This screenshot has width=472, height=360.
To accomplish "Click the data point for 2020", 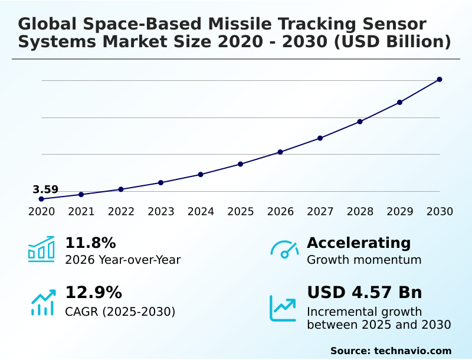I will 41,199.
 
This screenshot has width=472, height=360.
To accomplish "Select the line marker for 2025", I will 241,164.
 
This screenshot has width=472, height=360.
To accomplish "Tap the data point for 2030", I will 440,79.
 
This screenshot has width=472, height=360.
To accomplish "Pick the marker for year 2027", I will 320,138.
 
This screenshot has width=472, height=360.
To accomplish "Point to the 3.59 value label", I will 45,189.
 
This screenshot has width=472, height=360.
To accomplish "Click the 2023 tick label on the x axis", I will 161,212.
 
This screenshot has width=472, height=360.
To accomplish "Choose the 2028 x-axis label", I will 360,212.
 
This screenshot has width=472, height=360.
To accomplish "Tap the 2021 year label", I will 81,212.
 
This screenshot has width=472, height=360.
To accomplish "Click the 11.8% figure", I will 90,243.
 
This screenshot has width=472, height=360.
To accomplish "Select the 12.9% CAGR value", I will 93,293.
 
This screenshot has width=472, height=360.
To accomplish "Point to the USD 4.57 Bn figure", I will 365,293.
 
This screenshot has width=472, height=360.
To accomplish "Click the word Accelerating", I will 359,243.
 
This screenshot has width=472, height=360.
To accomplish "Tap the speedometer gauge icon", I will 284,250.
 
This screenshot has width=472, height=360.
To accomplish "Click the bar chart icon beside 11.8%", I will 41,250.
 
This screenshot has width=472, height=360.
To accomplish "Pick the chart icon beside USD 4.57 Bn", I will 283,308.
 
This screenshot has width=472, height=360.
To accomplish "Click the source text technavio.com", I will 412,351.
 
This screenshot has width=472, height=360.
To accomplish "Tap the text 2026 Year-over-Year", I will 123,260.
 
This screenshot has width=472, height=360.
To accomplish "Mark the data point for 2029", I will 399,102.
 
